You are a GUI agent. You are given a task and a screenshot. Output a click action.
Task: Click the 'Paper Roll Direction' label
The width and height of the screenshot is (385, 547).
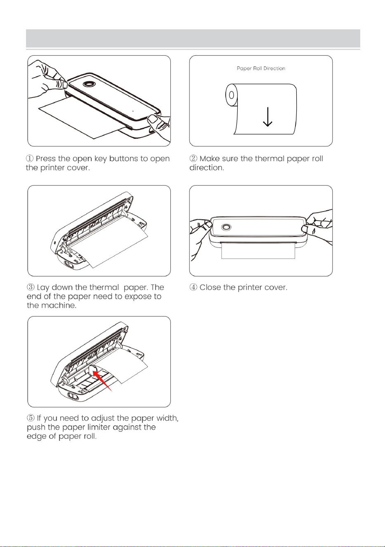pos(261,69)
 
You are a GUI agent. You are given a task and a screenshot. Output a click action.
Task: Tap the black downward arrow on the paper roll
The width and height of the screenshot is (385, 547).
pos(268,117)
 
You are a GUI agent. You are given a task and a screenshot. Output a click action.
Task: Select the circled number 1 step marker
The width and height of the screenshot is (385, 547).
pos(30,159)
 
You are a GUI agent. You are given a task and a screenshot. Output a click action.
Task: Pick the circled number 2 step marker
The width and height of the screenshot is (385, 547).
pos(193,159)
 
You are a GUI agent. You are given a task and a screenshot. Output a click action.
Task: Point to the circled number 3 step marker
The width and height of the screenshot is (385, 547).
pos(31,287)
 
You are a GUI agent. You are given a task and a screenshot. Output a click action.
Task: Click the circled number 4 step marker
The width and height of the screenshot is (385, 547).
pos(193,287)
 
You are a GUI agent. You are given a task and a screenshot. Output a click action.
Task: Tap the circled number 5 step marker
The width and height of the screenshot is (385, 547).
pos(31,418)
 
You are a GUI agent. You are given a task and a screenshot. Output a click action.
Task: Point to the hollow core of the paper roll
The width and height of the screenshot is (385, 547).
pos(231,95)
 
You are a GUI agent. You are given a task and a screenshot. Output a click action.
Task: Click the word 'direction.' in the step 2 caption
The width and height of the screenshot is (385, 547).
pos(207,168)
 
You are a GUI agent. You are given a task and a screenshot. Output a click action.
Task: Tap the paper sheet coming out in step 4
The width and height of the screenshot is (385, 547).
pos(258,250)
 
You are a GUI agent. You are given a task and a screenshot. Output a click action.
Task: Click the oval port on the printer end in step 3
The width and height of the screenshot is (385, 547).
pos(68,264)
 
